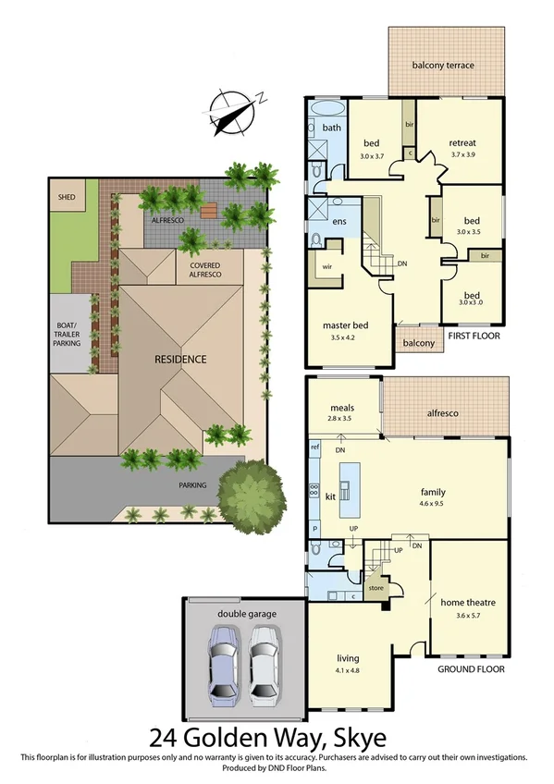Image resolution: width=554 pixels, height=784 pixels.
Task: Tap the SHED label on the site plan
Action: point(67,197)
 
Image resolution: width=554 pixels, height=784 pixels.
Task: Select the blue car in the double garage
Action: point(227,663)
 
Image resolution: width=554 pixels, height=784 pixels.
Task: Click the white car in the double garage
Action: point(265,663)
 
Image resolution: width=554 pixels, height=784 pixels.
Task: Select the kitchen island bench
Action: point(350,490)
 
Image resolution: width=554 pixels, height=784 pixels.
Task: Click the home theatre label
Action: point(468,603)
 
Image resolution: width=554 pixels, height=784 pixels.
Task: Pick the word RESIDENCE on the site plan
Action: point(180,359)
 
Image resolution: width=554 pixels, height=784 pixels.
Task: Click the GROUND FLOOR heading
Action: point(469,668)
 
